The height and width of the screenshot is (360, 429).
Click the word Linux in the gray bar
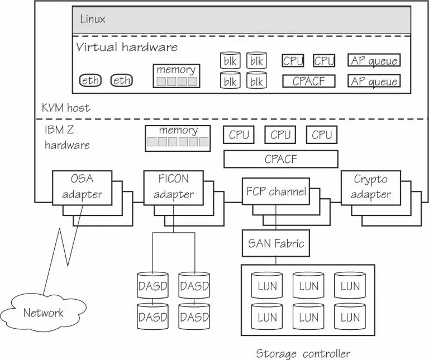[93, 19]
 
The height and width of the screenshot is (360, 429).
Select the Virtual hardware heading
[127, 46]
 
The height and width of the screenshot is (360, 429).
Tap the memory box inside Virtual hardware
[176, 76]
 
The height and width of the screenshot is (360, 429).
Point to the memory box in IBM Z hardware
[178, 137]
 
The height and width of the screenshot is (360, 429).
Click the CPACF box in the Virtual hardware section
[308, 81]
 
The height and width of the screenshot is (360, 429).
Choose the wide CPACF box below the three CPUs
[280, 159]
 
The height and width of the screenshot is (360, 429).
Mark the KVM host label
[65, 107]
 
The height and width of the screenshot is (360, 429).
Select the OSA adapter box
[82, 187]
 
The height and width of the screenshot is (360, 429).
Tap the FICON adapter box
[173, 187]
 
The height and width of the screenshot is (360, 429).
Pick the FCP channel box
[276, 193]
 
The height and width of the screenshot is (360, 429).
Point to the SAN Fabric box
[276, 243]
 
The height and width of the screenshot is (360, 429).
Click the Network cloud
[43, 312]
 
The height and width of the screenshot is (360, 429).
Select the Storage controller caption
[303, 353]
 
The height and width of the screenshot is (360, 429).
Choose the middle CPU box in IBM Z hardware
[280, 135]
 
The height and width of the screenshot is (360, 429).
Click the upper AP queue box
[374, 61]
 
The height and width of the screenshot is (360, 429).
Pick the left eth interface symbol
[91, 80]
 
